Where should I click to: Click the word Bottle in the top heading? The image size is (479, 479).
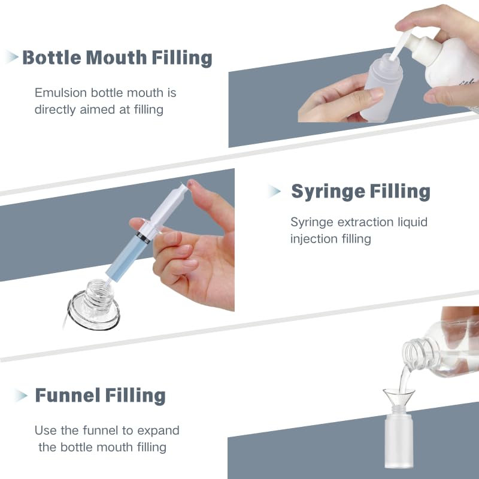point(51,58)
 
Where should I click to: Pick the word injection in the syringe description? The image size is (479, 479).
point(316,239)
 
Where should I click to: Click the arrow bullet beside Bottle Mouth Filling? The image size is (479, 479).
point(12,57)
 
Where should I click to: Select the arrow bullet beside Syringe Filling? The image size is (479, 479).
point(274,191)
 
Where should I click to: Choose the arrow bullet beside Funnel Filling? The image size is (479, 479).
point(21,395)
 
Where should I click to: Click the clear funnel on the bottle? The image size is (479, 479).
point(399,398)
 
